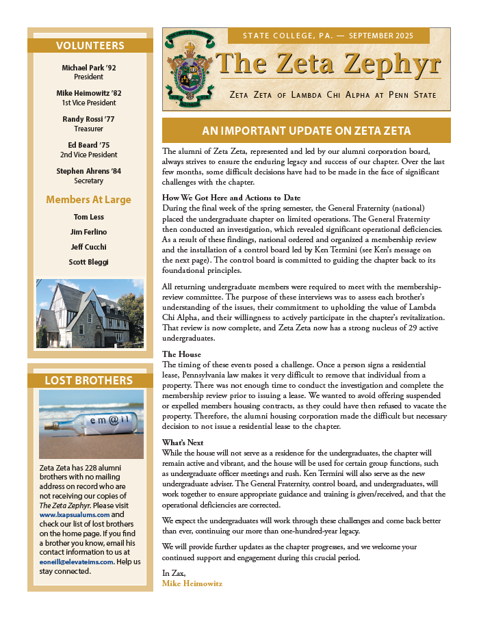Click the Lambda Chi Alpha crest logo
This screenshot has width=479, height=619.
pos(188,68)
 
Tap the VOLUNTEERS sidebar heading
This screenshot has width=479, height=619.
pos(90,46)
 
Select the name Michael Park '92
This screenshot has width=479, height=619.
pos(90,68)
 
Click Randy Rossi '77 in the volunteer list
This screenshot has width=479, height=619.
pos(90,119)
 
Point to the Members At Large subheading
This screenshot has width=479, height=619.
pos(88,200)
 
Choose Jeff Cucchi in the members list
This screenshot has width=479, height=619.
pos(89,247)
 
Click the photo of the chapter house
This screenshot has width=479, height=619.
pos(90,314)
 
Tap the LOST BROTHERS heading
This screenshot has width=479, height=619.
pos(89,380)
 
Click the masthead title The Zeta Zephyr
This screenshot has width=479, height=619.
pos(327,65)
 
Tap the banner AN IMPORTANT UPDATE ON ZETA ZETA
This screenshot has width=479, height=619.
pos(306,131)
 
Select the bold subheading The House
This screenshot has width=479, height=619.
pos(181,354)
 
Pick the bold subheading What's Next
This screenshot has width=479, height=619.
pos(183,443)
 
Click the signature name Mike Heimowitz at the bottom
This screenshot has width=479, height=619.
pos(192,583)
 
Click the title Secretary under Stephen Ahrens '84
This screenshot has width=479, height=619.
pos(89,181)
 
